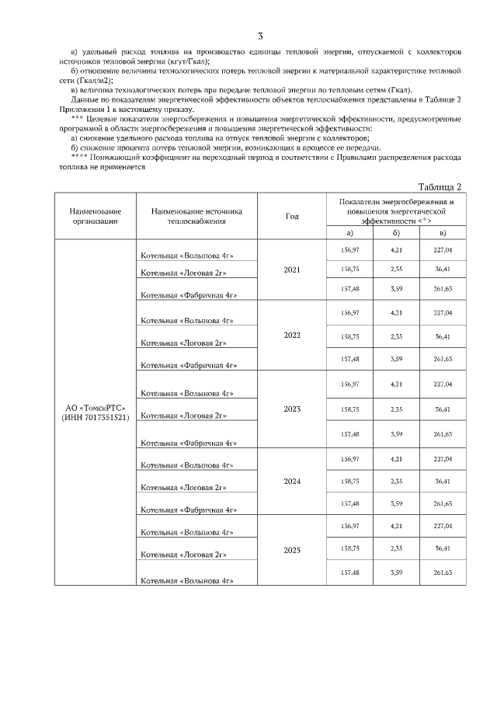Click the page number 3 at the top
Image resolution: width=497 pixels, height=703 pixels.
click(x=260, y=37)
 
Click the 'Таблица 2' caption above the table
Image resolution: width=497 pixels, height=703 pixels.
click(x=440, y=186)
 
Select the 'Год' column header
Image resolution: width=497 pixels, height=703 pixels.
click(x=292, y=217)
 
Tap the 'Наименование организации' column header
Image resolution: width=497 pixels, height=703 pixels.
click(x=96, y=216)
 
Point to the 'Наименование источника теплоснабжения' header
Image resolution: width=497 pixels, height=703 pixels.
click(x=197, y=216)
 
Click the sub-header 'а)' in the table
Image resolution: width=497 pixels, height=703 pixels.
click(x=350, y=233)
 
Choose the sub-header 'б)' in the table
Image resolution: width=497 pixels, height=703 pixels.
click(x=396, y=233)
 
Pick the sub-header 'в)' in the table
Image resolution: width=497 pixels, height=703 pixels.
click(x=443, y=233)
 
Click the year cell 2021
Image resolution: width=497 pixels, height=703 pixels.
click(x=292, y=270)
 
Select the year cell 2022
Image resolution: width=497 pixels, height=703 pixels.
click(x=292, y=336)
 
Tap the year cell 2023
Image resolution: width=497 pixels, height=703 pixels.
click(x=292, y=409)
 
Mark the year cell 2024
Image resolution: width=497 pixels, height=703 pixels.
click(x=292, y=481)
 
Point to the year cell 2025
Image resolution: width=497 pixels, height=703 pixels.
click(x=292, y=550)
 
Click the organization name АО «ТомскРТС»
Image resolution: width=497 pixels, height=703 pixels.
click(x=96, y=407)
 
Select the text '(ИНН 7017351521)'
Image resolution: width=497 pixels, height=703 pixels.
click(x=96, y=417)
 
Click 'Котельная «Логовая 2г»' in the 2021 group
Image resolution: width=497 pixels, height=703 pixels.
click(x=183, y=273)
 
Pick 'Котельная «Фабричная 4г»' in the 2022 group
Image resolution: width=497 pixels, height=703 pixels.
click(x=189, y=364)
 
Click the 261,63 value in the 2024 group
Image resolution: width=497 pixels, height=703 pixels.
click(x=443, y=504)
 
